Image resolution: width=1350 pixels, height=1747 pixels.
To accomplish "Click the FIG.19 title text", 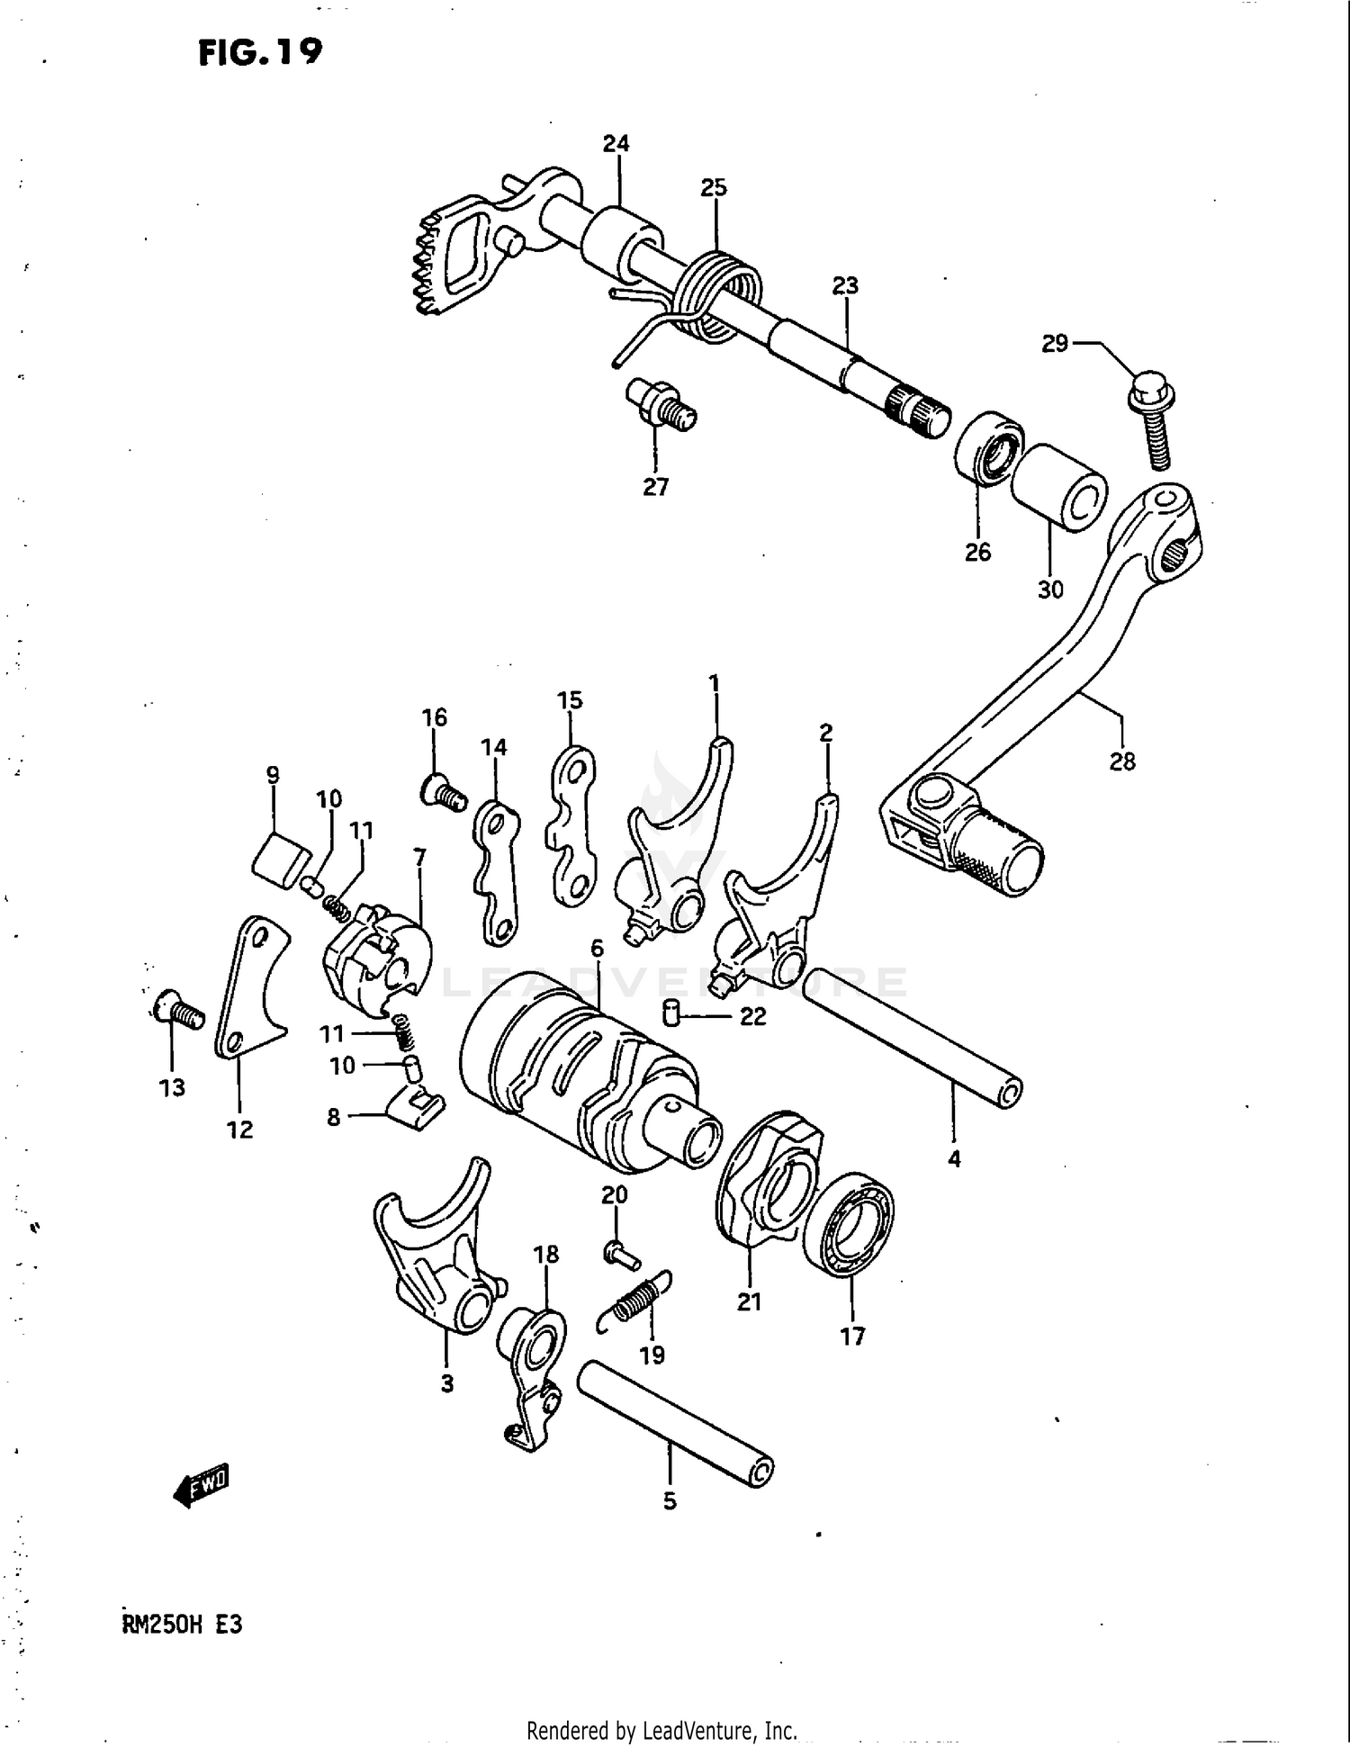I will pyautogui.click(x=260, y=52).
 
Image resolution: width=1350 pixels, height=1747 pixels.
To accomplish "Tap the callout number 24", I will pyautogui.click(x=616, y=144).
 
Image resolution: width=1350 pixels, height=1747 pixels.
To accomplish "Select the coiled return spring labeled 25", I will pyautogui.click(x=718, y=293).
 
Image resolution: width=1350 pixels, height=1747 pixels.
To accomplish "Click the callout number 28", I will pyautogui.click(x=1121, y=761).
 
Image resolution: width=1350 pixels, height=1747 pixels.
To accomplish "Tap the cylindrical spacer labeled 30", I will pyautogui.click(x=1058, y=488).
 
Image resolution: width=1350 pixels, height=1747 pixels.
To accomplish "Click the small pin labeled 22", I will pyautogui.click(x=670, y=1013).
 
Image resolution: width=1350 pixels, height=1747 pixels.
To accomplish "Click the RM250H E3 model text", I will pyautogui.click(x=181, y=1625).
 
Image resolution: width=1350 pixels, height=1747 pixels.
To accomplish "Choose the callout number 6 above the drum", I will pyautogui.click(x=597, y=949).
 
